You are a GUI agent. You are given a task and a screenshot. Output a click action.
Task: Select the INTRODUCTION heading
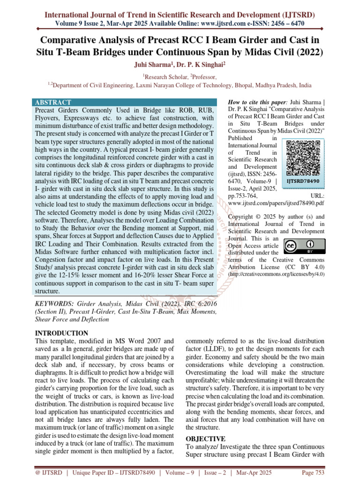(x=62, y=333)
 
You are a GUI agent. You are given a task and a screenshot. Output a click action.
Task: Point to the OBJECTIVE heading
(x=206, y=439)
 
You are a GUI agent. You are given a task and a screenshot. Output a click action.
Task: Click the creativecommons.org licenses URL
(x=276, y=273)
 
